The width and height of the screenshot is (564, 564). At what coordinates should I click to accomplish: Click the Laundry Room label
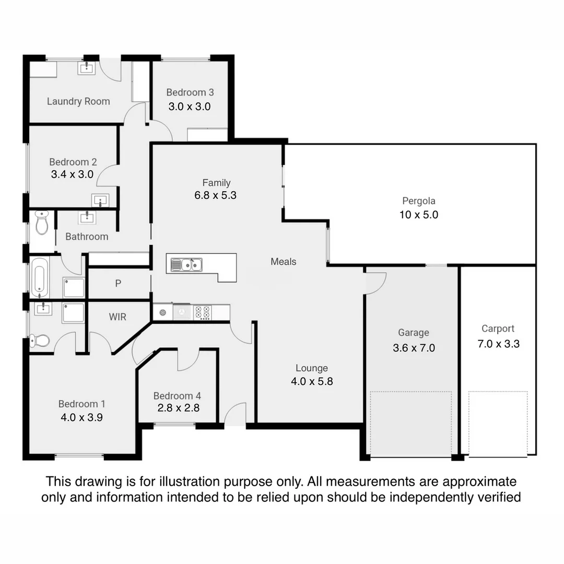[78, 101]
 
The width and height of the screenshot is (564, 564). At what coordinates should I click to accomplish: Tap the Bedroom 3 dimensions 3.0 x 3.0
[190, 107]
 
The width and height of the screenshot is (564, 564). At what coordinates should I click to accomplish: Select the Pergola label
[418, 201]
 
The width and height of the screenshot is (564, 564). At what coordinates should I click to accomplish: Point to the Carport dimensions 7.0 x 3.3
[498, 344]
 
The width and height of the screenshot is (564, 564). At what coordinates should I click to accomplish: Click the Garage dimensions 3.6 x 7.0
[414, 348]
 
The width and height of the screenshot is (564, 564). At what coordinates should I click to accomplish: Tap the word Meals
[284, 262]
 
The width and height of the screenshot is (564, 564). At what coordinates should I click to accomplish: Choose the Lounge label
[312, 368]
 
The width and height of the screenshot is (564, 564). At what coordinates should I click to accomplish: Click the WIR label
[118, 317]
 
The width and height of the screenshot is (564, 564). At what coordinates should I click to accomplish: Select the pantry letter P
[118, 284]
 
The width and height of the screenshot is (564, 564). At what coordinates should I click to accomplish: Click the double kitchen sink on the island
[185, 265]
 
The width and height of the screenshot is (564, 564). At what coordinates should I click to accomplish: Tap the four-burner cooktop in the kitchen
[203, 312]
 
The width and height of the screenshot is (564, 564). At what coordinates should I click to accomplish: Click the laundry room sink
[86, 67]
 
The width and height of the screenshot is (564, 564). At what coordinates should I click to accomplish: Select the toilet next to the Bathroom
[41, 222]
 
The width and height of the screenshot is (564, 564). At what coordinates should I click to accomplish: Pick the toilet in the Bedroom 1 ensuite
[40, 341]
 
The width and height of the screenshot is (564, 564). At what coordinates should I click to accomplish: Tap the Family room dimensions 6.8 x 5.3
[216, 195]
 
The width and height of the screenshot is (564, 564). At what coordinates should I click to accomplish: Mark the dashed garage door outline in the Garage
[410, 423]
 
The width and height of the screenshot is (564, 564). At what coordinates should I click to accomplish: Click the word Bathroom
[87, 237]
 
